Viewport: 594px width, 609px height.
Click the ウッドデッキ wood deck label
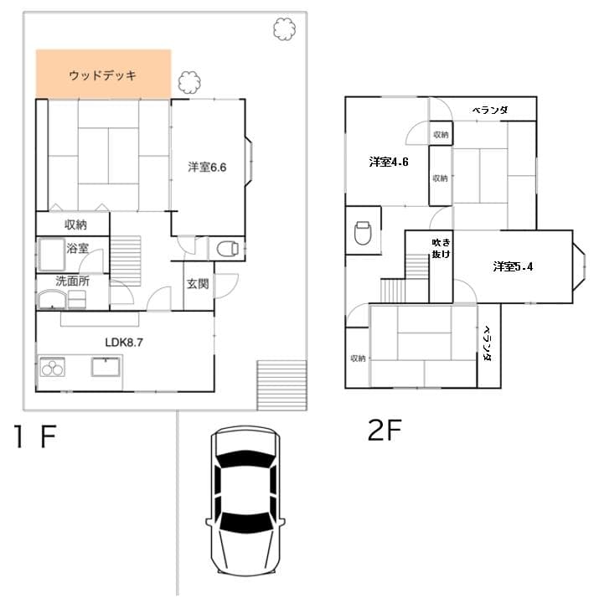(x=102, y=75)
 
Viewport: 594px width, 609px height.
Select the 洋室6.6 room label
(x=207, y=167)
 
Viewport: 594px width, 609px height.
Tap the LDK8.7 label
(x=124, y=342)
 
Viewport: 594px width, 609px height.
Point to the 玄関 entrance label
(x=198, y=283)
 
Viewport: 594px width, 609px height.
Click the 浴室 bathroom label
(x=78, y=248)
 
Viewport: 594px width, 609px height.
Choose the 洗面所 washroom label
(x=72, y=281)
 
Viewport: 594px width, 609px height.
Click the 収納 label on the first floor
(x=75, y=225)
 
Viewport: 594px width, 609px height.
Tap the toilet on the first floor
(x=228, y=249)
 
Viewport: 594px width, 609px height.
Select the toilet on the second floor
(x=363, y=233)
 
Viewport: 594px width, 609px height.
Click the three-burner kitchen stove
(x=53, y=367)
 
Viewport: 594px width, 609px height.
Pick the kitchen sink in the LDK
(x=106, y=367)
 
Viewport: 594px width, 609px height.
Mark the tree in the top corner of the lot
(x=284, y=29)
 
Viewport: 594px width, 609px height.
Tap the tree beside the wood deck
(x=189, y=82)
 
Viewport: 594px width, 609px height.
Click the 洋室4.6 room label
(x=389, y=162)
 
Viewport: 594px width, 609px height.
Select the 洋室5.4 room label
(x=513, y=266)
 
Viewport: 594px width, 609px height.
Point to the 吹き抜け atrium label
(x=441, y=249)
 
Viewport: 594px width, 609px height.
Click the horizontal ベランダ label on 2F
(x=490, y=110)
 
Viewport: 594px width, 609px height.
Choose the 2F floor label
(x=385, y=430)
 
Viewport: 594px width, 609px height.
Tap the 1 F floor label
(x=35, y=436)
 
